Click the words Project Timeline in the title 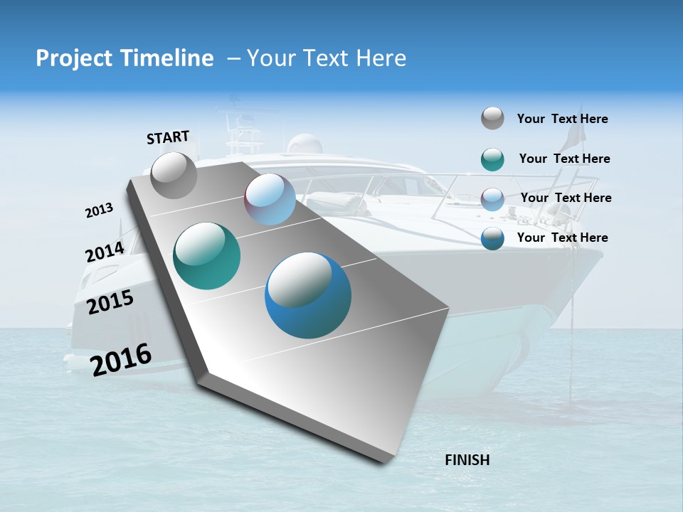125,58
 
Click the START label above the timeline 168,137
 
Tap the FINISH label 467,460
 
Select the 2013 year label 99,210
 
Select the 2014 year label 105,252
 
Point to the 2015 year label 110,302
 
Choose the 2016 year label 121,359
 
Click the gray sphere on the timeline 174,175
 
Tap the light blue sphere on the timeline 270,199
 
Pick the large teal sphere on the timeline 207,256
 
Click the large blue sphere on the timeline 308,295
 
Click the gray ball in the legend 492,118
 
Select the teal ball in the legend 492,159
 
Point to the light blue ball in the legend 492,199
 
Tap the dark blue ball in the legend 492,238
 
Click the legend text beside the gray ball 562,119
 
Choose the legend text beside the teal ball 564,159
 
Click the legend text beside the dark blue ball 562,238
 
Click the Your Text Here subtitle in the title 327,58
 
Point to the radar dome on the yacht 305,144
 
